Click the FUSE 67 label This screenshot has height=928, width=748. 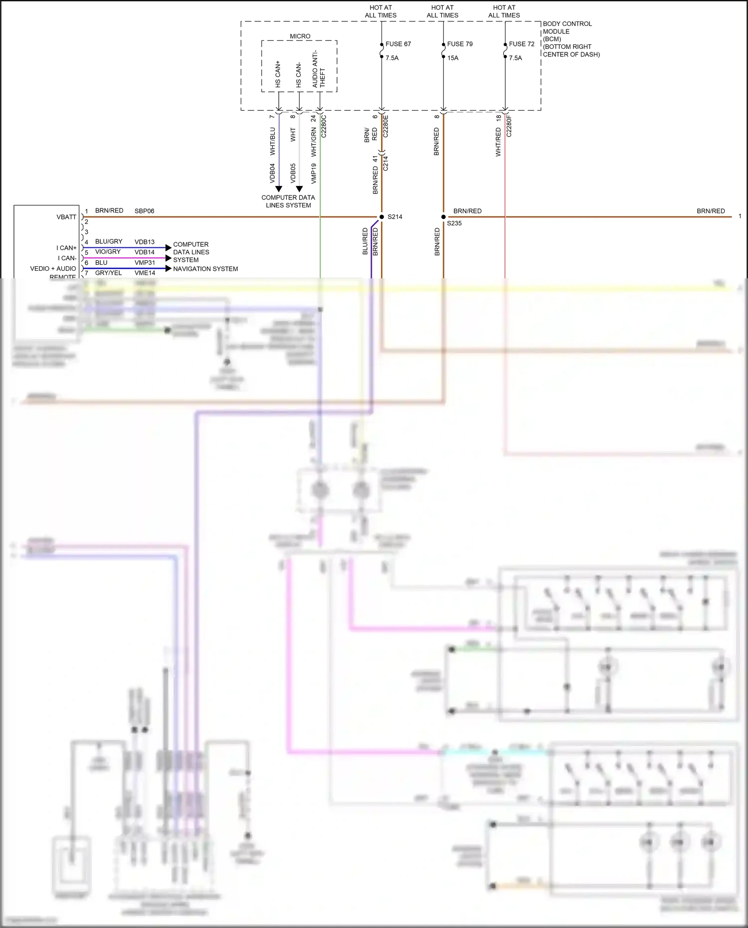398,44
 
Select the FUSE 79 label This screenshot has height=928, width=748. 460,44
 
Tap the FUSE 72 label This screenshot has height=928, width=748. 521,44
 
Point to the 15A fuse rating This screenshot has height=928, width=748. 452,58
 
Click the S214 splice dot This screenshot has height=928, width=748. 381,217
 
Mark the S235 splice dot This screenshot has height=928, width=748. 443,217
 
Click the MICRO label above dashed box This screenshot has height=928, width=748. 300,36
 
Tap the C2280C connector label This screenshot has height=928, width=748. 324,126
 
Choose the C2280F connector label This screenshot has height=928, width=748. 509,126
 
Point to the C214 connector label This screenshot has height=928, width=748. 385,164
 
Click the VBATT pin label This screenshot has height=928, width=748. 66,217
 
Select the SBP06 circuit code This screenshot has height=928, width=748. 144,211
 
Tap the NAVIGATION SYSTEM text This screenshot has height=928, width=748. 205,269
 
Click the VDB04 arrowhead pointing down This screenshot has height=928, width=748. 279,189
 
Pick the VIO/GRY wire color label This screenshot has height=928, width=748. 108,252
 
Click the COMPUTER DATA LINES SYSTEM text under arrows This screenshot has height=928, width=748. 288,201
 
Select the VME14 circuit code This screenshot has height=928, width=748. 145,273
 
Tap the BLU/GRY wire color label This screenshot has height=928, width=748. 108,241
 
